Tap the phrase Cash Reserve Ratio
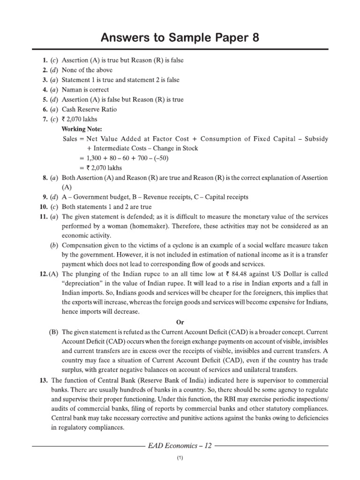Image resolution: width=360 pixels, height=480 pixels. [x=90, y=109]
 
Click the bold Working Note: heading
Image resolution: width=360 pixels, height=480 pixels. [x=82, y=129]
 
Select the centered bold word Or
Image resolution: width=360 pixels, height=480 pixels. [x=180, y=322]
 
